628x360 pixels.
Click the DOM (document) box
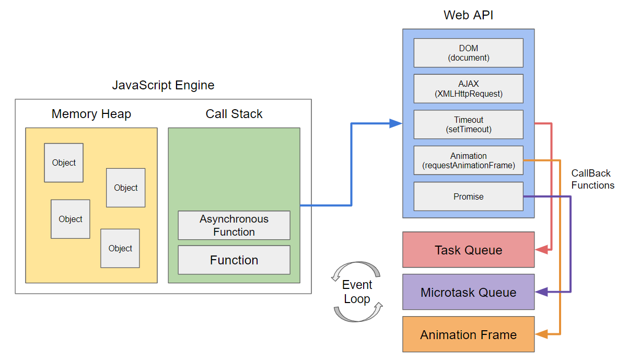(468, 53)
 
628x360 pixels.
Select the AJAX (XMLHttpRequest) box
(468, 88)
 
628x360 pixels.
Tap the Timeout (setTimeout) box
(468, 124)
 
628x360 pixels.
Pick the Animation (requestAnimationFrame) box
(468, 160)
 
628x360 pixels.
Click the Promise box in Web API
(468, 196)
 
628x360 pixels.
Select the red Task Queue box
(468, 250)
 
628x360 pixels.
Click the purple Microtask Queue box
(468, 292)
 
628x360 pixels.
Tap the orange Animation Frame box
(468, 334)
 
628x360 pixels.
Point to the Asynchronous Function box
(234, 225)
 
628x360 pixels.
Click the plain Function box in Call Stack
(234, 260)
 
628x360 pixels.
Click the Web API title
(468, 15)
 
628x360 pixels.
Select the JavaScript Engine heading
(163, 85)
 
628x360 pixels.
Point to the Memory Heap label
(91, 114)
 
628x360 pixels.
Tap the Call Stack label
(234, 114)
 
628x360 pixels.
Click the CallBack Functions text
(592, 179)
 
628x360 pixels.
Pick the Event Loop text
(357, 292)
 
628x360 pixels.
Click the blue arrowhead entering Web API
(397, 124)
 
